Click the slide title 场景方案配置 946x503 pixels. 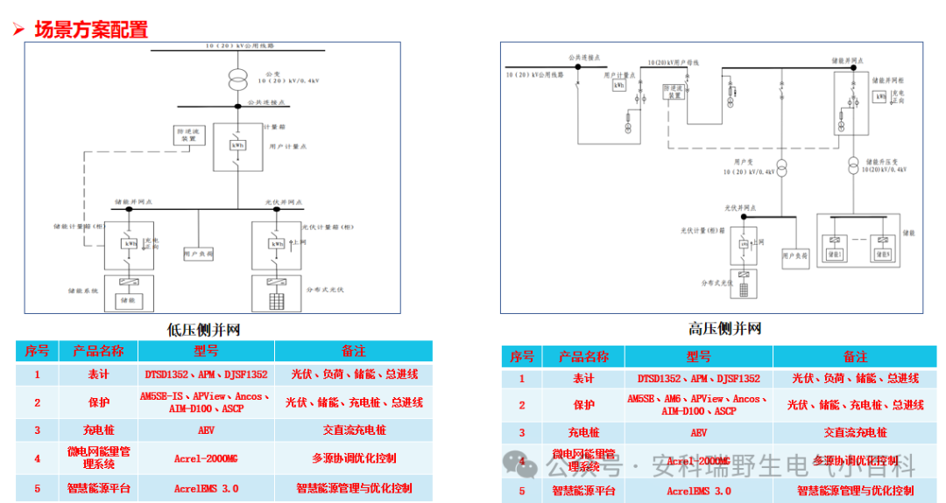tap(90, 29)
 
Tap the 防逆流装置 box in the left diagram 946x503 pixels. tap(188, 135)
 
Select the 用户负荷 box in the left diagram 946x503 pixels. tap(199, 254)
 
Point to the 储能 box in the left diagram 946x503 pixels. tap(129, 297)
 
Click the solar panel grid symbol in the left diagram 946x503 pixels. tap(276, 298)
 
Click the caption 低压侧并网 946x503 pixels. tap(203, 331)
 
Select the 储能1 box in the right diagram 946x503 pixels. tap(833, 254)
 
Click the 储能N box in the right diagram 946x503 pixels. tap(881, 254)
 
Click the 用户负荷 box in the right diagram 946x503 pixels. tap(795, 255)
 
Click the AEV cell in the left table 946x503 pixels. tap(206, 430)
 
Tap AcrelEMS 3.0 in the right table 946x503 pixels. tap(698, 491)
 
